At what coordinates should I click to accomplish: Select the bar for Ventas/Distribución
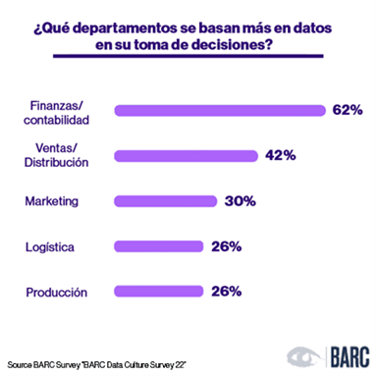point(186,155)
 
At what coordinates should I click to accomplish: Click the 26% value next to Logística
point(226,245)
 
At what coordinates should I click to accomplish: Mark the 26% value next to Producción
point(226,291)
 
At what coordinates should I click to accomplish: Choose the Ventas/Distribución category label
point(60,155)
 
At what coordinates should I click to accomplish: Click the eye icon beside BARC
point(301,354)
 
